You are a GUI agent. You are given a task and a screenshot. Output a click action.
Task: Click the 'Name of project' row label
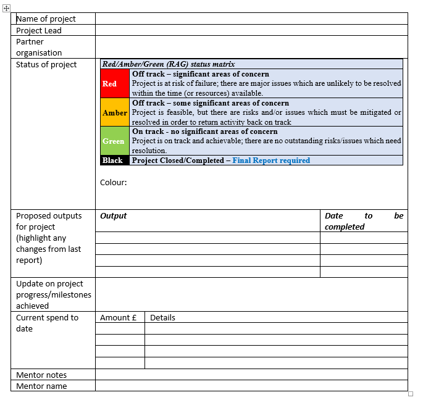[x=46, y=19]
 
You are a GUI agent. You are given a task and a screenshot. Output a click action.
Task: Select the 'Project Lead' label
[x=39, y=30]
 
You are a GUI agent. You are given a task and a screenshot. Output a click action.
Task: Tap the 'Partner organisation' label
[x=39, y=48]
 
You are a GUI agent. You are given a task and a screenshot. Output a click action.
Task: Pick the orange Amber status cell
[x=115, y=113]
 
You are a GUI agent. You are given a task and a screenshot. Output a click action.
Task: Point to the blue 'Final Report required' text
[x=271, y=160]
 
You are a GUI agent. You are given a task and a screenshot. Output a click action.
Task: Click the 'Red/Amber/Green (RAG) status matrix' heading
[x=169, y=64]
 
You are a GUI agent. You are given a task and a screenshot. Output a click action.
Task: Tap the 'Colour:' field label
[x=113, y=182]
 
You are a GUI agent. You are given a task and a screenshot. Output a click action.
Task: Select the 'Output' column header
[x=114, y=216]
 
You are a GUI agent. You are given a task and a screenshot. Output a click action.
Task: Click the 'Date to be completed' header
[x=363, y=221]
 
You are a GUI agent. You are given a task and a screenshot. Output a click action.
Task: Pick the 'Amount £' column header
[x=119, y=318]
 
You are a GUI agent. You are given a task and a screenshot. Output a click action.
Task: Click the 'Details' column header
[x=162, y=318]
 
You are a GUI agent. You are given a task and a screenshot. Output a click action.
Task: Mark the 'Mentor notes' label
[x=41, y=375]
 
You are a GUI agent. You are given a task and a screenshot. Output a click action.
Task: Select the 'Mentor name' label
[x=41, y=386]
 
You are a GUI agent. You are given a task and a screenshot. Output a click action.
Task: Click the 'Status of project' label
[x=46, y=64]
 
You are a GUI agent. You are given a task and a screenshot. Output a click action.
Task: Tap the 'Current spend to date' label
[x=47, y=323]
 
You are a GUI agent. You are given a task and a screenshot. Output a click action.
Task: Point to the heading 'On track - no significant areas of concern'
[x=204, y=131]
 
